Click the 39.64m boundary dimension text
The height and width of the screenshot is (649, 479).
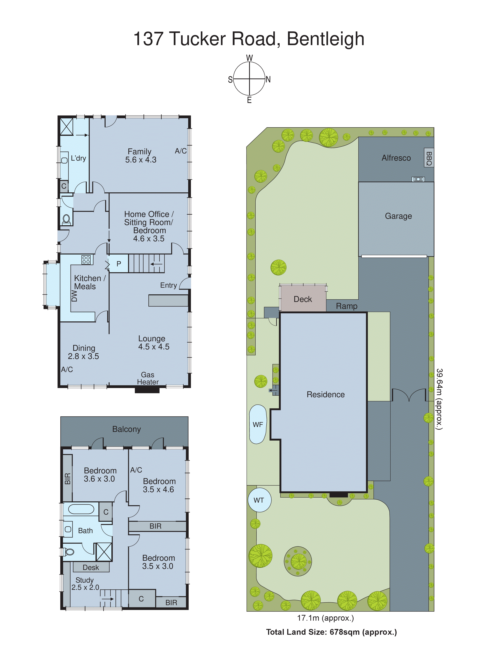click(x=440, y=399)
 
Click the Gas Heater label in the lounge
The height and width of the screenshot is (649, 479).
click(x=148, y=378)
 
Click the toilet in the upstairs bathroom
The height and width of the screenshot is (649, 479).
click(x=69, y=552)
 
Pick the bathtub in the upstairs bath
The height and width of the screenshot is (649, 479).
click(x=81, y=509)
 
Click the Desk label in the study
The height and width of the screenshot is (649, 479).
click(x=91, y=567)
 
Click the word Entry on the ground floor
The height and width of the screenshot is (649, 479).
click(x=168, y=285)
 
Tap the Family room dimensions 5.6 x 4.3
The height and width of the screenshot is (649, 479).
click(x=141, y=160)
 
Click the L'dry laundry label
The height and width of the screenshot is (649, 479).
click(x=78, y=158)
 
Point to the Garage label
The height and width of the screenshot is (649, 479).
click(x=398, y=216)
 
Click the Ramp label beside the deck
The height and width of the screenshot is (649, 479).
click(x=347, y=306)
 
